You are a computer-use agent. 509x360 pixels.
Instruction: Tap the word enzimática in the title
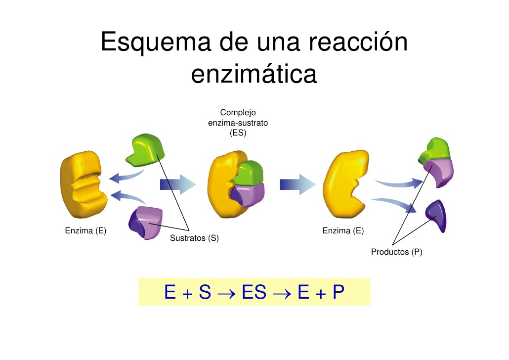tap(254, 74)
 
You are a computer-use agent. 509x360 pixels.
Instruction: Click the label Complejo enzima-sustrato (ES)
tap(238, 123)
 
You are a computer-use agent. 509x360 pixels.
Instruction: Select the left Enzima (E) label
tap(85, 230)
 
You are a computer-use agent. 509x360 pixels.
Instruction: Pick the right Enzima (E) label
tap(343, 230)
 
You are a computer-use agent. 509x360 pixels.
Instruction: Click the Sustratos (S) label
tap(194, 238)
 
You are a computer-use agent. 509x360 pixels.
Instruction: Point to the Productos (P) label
tap(396, 252)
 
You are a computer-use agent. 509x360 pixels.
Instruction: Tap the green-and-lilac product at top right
tap(435, 161)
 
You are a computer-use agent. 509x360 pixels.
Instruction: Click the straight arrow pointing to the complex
tap(178, 185)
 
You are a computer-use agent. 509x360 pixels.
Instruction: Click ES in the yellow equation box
tap(254, 293)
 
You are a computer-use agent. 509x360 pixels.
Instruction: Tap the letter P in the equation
tap(338, 293)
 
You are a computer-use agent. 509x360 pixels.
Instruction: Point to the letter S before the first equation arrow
tap(205, 293)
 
